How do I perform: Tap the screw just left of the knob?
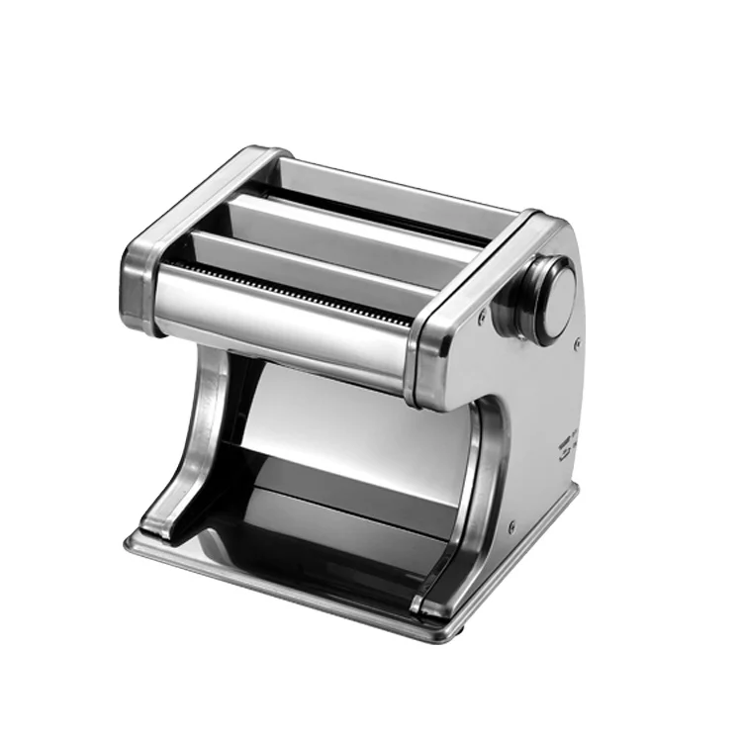(x=482, y=319)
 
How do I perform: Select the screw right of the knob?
(x=577, y=343)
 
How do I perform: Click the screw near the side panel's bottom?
(x=511, y=527)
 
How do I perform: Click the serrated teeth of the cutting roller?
(x=287, y=291)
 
